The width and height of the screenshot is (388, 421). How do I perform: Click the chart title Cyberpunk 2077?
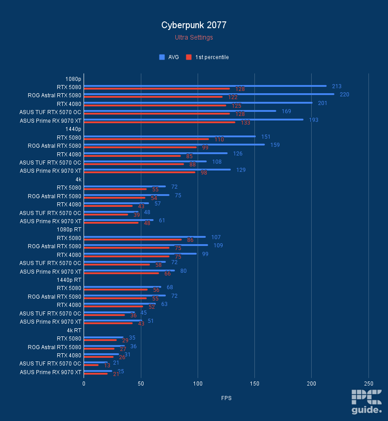click(x=194, y=25)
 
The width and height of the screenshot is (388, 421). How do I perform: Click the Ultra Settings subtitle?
click(x=194, y=37)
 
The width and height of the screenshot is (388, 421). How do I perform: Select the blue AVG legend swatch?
click(x=162, y=57)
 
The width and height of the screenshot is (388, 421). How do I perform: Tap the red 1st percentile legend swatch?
click(x=189, y=57)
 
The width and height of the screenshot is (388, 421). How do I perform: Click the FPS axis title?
click(x=226, y=398)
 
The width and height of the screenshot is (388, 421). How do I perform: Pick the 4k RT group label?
click(x=74, y=330)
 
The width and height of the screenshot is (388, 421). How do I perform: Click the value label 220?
click(x=344, y=95)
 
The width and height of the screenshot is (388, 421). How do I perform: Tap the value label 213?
click(x=337, y=86)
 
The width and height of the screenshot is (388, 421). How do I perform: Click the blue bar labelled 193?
click(x=194, y=120)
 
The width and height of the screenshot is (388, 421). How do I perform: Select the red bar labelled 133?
click(x=159, y=122)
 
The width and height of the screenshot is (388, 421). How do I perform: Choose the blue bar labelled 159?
click(x=174, y=145)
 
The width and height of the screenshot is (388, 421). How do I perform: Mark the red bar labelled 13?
click(x=91, y=365)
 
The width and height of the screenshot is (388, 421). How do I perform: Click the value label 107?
click(x=216, y=237)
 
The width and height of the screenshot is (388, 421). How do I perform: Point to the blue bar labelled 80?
click(x=129, y=271)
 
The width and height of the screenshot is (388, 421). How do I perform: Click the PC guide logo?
click(x=366, y=402)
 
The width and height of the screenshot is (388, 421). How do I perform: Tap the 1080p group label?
click(x=73, y=78)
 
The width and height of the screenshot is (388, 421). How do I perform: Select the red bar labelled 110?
click(x=146, y=139)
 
